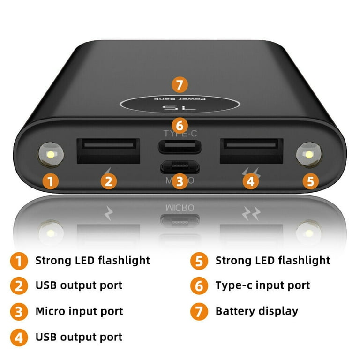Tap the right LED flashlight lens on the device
(x=309, y=155)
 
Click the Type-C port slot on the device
(x=180, y=147)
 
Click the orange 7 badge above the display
(x=180, y=85)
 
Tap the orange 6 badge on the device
(x=180, y=125)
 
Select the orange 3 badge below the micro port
(x=180, y=181)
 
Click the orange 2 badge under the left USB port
(x=108, y=181)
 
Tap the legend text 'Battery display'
(x=256, y=311)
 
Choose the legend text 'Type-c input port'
(x=262, y=285)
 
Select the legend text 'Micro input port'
(x=79, y=311)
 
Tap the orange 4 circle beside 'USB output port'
(x=19, y=337)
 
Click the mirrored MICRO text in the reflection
(x=180, y=207)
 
